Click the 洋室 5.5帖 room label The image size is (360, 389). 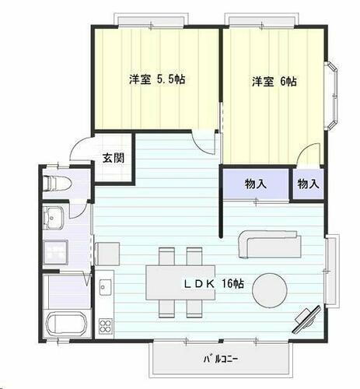(157, 79)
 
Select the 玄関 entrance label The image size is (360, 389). (110, 158)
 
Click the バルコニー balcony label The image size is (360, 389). (221, 359)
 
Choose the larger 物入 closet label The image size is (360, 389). (256, 185)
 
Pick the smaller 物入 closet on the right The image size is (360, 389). (308, 185)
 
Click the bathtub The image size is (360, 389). (67, 324)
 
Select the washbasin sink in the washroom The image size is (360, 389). (54, 219)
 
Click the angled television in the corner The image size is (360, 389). (305, 319)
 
